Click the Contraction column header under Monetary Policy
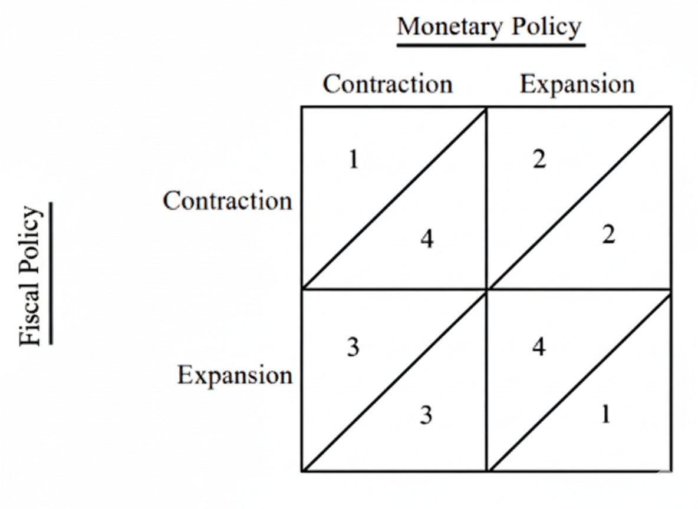tap(387, 84)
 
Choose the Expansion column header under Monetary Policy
tap(577, 84)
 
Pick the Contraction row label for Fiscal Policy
tap(228, 201)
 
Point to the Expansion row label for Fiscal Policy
tap(235, 375)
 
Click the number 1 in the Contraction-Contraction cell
tap(353, 160)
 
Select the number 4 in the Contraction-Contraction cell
tap(427, 239)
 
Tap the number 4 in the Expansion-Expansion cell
tap(539, 347)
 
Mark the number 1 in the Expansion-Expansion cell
tap(605, 415)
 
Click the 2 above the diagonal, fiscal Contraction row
tap(539, 160)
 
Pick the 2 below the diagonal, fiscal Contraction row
tap(608, 235)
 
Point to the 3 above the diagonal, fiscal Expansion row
tap(353, 347)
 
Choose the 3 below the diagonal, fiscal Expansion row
tap(426, 415)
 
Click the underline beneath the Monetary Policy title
tap(490, 44)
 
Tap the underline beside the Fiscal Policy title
tap(51, 273)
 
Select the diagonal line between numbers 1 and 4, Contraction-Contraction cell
tap(394, 198)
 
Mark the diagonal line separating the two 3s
tap(394, 381)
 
